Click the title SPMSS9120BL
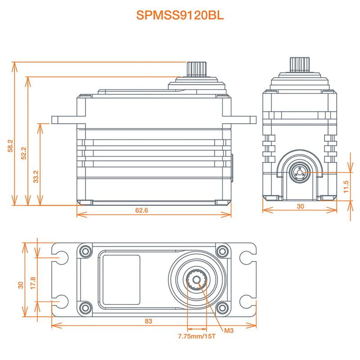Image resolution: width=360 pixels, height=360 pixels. point(180,15)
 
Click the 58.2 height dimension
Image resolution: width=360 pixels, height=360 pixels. point(10,146)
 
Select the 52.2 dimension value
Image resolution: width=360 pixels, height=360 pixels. point(23,153)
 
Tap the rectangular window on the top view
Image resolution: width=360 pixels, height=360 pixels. point(121,279)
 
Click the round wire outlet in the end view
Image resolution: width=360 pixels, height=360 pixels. point(299,171)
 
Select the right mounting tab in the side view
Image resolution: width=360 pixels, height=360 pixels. point(243,120)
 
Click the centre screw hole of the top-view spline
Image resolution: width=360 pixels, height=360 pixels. point(196,279)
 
